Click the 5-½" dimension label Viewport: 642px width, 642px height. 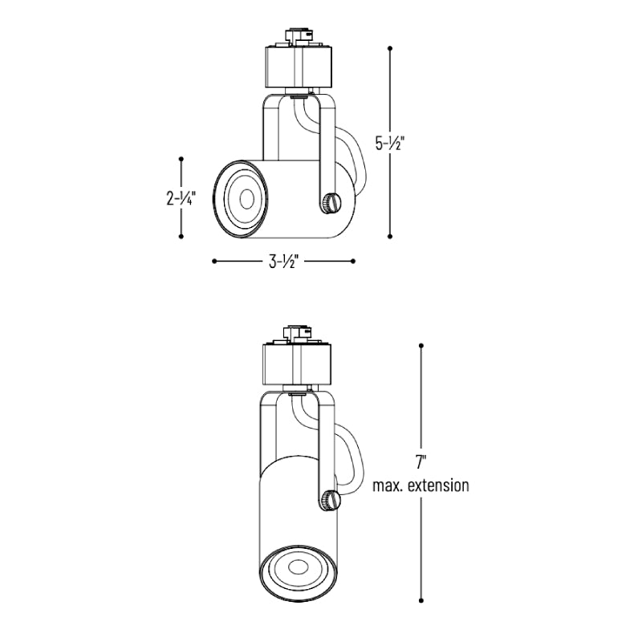click(390, 144)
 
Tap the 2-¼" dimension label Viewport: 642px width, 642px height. click(181, 198)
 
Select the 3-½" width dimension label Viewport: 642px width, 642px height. click(283, 262)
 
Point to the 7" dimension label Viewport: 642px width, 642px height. click(421, 462)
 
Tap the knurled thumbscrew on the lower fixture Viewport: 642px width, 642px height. click(331, 500)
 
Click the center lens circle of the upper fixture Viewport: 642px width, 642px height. click(246, 199)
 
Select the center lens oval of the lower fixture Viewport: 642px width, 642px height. click(298, 567)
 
